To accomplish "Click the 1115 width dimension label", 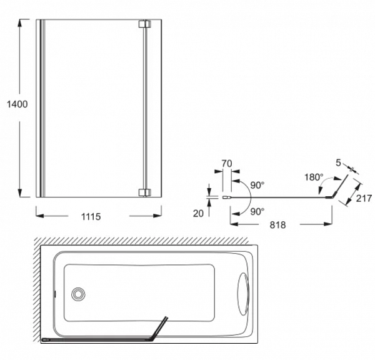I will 91,216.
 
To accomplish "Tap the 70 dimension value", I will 226,164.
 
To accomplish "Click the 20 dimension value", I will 199,213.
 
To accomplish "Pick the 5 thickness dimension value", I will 338,163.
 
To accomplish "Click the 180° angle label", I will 314,177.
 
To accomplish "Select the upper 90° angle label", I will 257,185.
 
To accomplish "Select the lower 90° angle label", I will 257,211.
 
